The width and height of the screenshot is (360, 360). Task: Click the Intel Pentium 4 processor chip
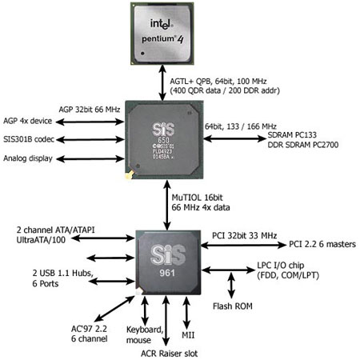162,34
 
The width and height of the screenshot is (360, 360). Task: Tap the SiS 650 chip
164,139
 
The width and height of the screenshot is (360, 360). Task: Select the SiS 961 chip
168,262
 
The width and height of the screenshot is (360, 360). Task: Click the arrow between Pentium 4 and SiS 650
162,83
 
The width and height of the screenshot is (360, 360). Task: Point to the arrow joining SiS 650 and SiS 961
167,205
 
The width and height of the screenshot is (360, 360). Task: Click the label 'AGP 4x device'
28,121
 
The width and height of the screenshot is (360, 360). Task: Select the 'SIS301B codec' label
29,139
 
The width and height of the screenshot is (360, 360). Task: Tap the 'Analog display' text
28,158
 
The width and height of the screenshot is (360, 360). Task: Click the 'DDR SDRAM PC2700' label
303,145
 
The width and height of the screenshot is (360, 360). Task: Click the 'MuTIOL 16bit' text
197,198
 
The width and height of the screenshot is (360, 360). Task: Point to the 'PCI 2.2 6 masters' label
322,244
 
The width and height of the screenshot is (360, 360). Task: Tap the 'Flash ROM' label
233,306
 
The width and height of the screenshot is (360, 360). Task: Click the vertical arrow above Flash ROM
231,285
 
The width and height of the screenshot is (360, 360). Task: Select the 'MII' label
188,335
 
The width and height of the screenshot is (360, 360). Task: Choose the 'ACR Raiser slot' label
169,354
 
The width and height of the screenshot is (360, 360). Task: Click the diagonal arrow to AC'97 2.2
114,309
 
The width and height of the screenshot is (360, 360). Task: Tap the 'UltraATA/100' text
41,240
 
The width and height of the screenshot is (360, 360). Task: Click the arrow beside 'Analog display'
90,159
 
